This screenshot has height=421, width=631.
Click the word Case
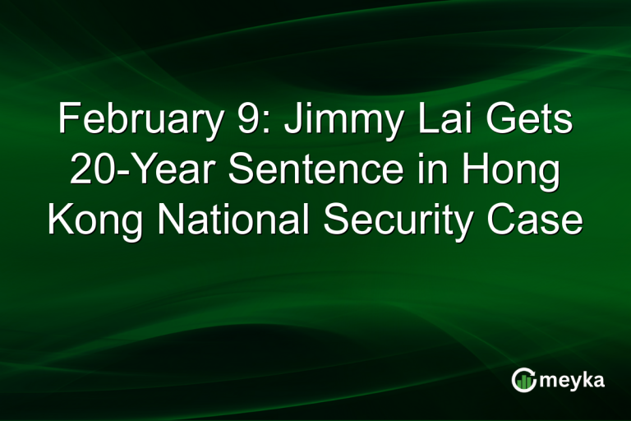[x=537, y=220]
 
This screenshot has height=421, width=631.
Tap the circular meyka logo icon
[x=524, y=379]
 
